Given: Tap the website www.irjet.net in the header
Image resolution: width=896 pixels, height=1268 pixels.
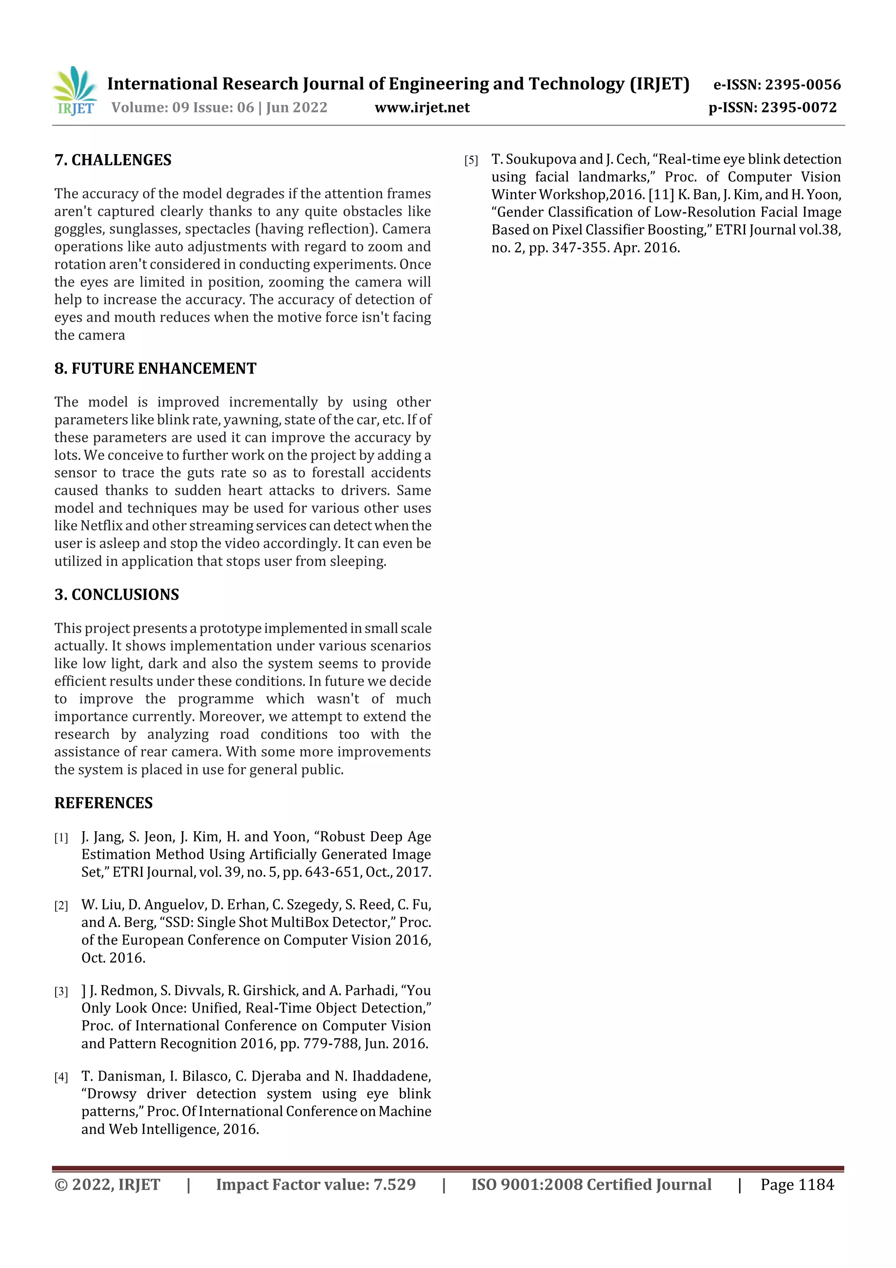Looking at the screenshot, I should (x=422, y=107).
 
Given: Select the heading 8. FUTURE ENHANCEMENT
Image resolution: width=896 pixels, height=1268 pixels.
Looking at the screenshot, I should (x=155, y=369).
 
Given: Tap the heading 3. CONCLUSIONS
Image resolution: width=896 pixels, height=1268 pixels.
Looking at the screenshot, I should (x=116, y=594).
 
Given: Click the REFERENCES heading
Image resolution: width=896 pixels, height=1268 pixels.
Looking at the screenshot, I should (x=103, y=803).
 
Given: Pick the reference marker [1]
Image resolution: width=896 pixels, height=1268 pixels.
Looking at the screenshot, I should (x=61, y=838).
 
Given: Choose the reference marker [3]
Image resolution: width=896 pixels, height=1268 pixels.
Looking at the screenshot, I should (x=61, y=991).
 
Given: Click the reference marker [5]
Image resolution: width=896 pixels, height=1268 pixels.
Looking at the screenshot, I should (x=471, y=161).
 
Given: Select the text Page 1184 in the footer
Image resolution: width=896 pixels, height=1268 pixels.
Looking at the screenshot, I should (x=797, y=1184).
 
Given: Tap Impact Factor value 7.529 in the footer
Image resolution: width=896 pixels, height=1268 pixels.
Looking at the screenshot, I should (x=315, y=1184).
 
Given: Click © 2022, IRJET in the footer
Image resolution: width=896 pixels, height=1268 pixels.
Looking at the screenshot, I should (x=107, y=1184).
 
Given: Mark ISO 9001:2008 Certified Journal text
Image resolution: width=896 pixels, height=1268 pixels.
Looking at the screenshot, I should (x=591, y=1184).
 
